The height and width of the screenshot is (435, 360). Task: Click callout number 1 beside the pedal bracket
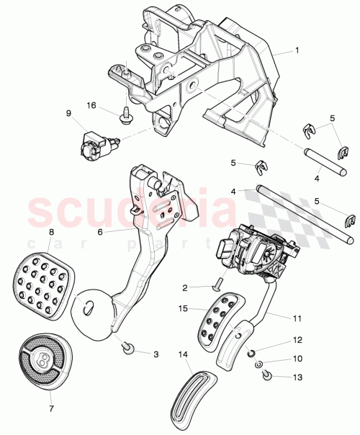[x=296, y=52]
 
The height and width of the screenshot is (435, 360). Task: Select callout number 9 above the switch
[x=69, y=114]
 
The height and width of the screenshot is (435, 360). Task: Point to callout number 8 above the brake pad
[x=51, y=232]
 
